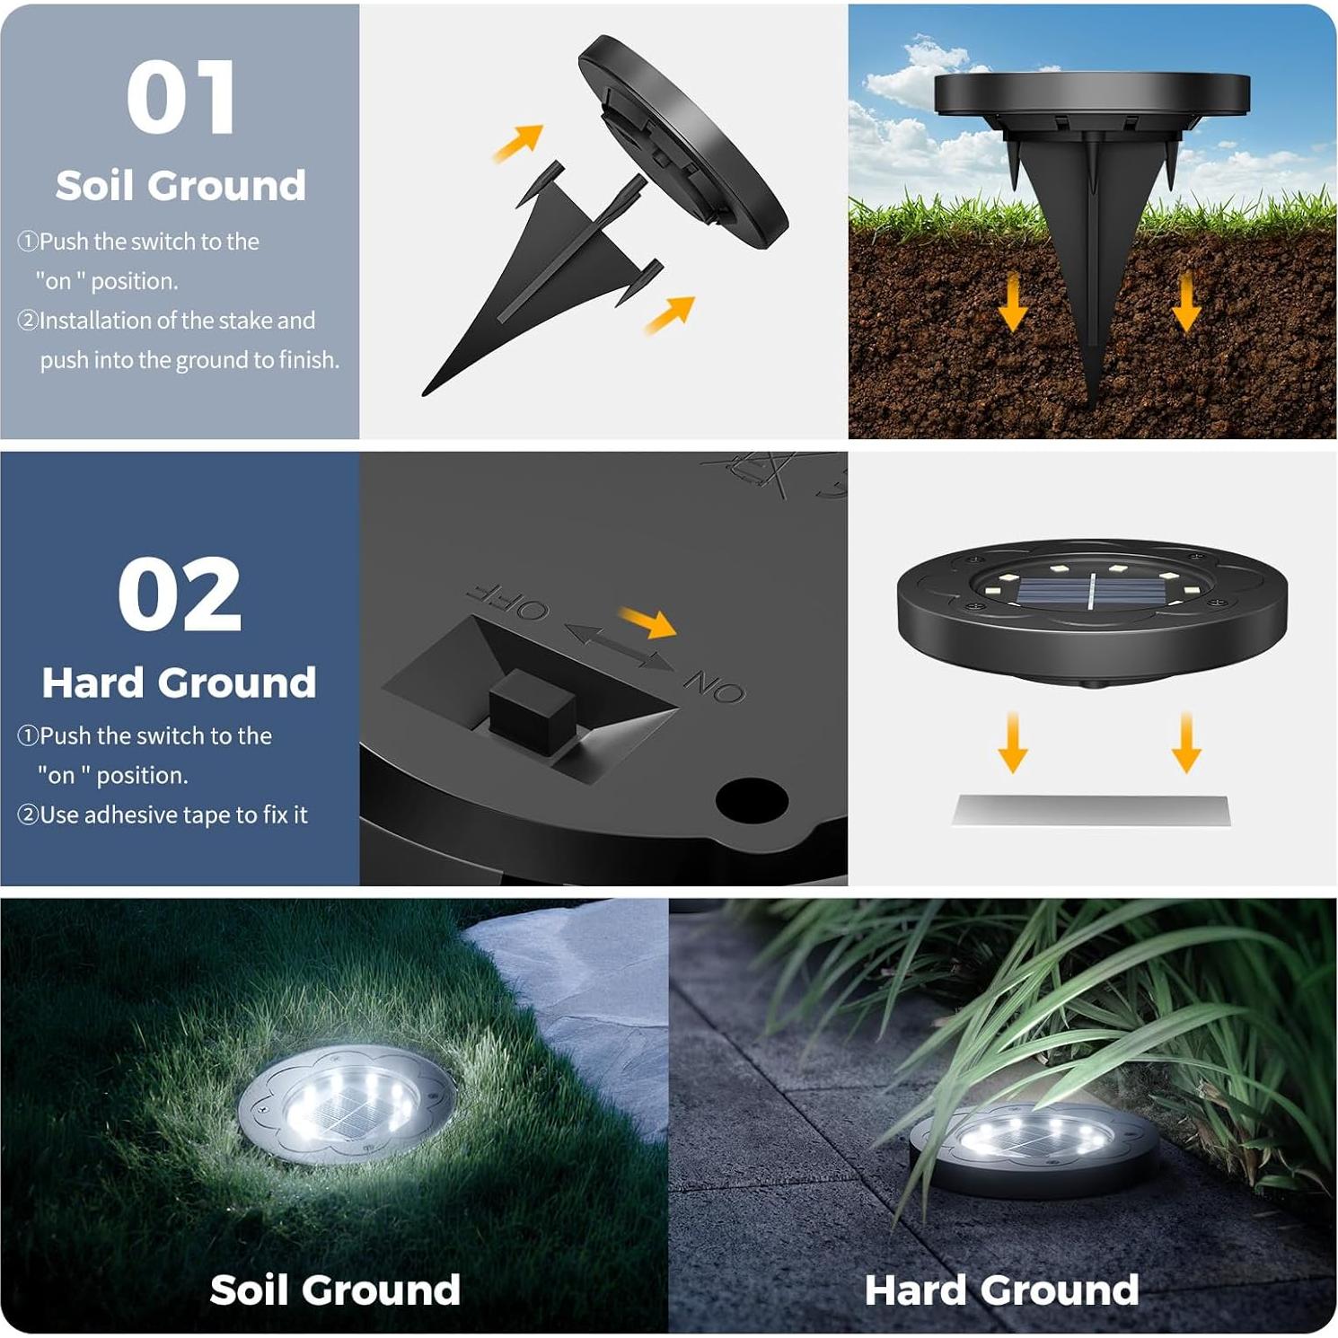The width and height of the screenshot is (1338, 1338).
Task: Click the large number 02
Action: pos(180,594)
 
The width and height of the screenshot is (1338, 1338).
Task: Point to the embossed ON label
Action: pos(715,686)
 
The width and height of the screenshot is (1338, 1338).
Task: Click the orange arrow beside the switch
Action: pos(648,621)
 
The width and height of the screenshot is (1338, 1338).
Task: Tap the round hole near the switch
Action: pos(752,799)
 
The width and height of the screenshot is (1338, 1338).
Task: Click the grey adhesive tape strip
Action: pos(1090,809)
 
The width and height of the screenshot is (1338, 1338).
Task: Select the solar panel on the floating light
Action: pos(1091,593)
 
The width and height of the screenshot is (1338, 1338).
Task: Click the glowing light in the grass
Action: pos(348,1105)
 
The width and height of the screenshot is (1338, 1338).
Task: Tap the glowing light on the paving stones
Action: pos(1033,1139)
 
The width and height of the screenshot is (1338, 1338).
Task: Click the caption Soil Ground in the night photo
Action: pos(335,1290)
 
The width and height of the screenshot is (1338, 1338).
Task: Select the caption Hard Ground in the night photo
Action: pos(1001,1290)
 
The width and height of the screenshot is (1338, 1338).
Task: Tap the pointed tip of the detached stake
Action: pos(427,392)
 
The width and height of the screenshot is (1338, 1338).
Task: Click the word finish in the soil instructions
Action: pos(308,360)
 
